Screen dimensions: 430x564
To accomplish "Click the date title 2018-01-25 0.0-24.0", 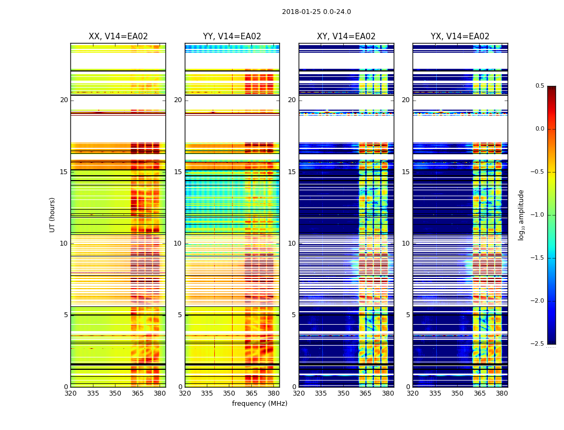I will coord(316,12).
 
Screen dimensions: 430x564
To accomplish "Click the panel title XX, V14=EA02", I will coord(118,37).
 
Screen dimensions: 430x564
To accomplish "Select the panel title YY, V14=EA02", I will coord(232,37).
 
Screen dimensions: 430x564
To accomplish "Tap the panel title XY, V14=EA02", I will coord(346,37).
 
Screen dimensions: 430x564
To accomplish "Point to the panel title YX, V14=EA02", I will coord(460,37).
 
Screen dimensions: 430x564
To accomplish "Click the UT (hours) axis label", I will coord(53,214).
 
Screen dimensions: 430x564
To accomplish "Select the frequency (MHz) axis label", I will coord(259,404).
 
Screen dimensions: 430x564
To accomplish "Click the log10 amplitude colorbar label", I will coord(521,214).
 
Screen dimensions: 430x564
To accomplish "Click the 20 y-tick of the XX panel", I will coord(64,100).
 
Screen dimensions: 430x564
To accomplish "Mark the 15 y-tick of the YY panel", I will coord(178,172).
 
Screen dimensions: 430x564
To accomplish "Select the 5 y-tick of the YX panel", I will coord(408,315).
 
